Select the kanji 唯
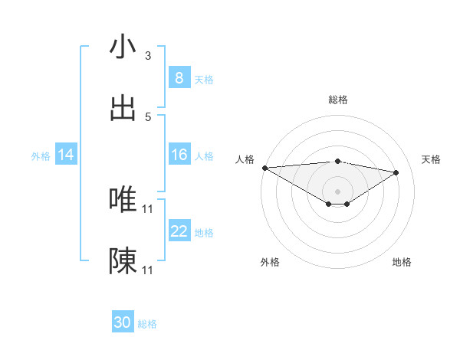coord(123,200)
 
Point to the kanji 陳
coord(123,261)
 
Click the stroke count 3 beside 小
coord(148,56)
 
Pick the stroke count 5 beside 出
coord(148,117)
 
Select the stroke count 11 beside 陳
coord(148,270)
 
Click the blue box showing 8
coord(179,78)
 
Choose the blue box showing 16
coord(179,155)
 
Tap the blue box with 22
coord(179,231)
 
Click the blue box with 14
coord(66,155)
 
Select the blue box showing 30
coord(123,322)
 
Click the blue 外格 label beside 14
coord(41,155)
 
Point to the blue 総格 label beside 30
coord(147,324)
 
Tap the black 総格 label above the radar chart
coord(338,100)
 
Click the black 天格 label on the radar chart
coord(432,159)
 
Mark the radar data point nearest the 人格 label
coord(264,168)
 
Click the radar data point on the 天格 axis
coord(396,172)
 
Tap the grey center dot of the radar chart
coord(337,191)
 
